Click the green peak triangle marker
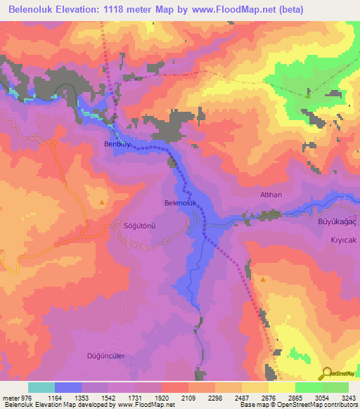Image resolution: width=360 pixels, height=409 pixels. [x=308, y=95]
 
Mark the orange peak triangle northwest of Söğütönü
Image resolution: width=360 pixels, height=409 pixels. [x=102, y=202]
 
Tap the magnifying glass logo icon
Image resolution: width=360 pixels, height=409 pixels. [x=326, y=373]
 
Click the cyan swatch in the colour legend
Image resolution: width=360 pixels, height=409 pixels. [x=41, y=387]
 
